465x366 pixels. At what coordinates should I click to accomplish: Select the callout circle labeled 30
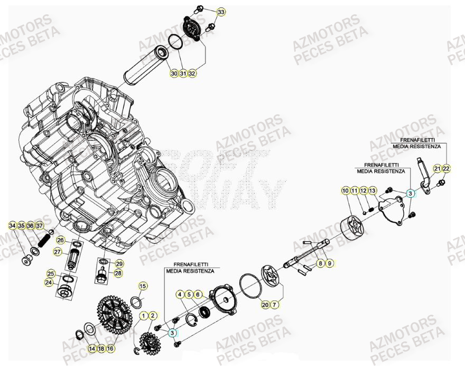tap(174, 74)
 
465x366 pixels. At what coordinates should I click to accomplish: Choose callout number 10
tap(345, 190)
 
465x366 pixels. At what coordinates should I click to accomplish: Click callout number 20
tap(265, 304)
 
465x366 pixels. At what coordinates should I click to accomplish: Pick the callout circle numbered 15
tap(142, 287)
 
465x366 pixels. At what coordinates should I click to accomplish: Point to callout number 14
tap(92, 349)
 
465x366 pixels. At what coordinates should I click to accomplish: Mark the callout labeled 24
tap(49, 282)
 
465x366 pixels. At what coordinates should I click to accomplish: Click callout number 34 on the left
tap(12, 226)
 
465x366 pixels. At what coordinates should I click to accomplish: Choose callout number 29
tap(119, 263)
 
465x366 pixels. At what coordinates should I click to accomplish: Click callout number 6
tap(198, 294)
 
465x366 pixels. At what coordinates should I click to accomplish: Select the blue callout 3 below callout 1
tap(173, 333)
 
